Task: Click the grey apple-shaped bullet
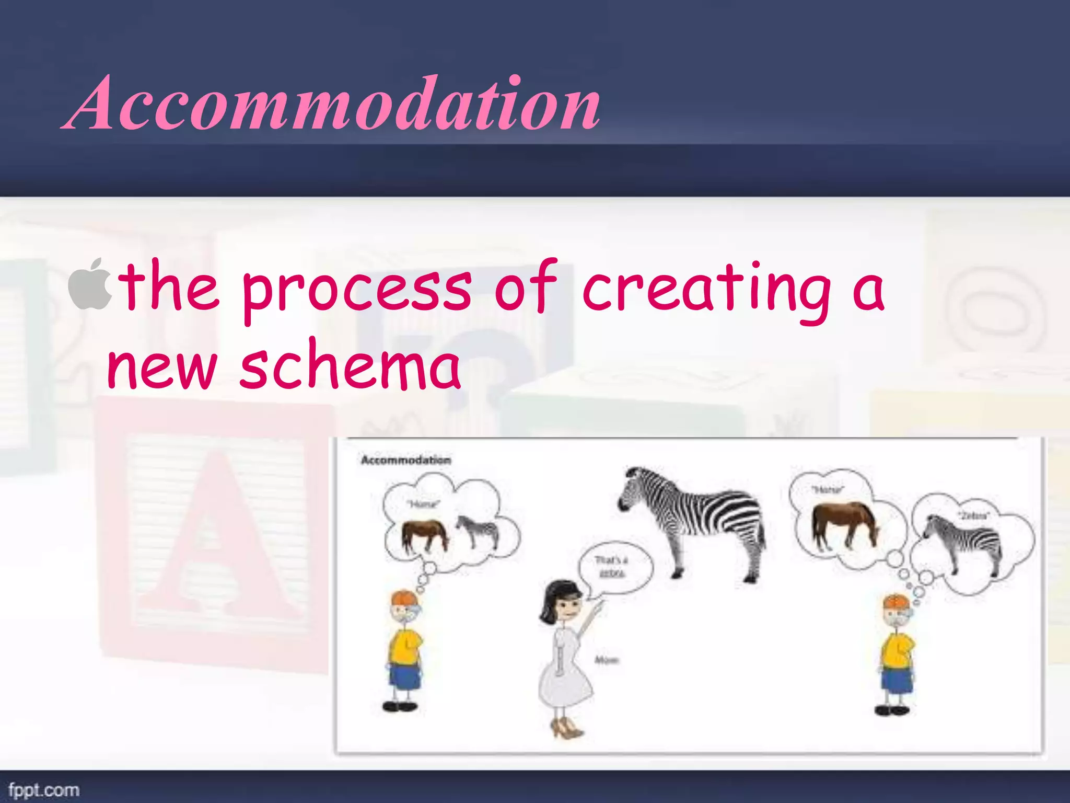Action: (90, 285)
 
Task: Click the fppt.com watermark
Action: (44, 789)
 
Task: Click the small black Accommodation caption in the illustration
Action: (405, 460)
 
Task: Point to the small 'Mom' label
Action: (607, 660)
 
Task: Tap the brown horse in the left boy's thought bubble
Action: (424, 535)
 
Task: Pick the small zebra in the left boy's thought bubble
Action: (478, 531)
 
